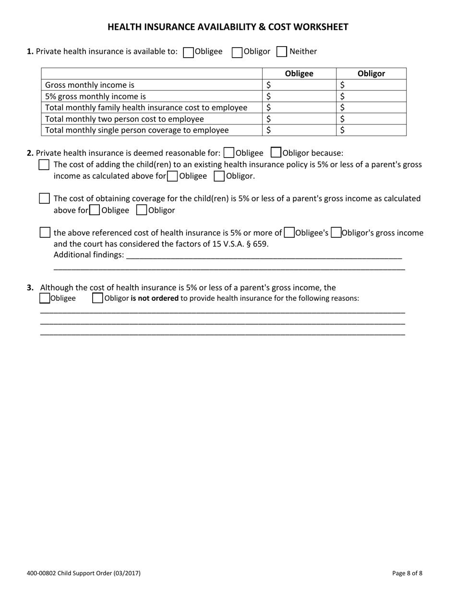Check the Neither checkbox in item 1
pos(282,52)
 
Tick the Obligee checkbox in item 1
pos(189,52)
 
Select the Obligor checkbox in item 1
pos(237,52)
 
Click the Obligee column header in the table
pos(299,74)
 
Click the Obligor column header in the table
pos(371,74)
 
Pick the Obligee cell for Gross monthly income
pos(299,85)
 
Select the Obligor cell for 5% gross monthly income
pos(371,96)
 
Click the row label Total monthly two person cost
pos(124,119)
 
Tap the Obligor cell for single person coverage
pos(371,130)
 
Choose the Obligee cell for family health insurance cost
pos(299,108)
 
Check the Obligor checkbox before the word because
pos(276,153)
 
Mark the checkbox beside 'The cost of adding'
pos(44,165)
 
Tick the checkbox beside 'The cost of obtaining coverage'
pos(44,198)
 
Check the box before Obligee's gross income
pos(289,233)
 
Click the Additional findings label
pos(88,255)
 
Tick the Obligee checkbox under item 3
pos(45,298)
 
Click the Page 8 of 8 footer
pos(407,573)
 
